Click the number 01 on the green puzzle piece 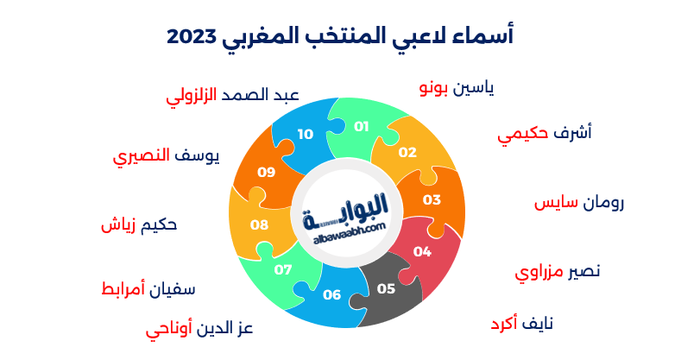point(362,126)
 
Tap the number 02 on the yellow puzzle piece point(407,152)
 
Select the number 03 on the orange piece point(432,199)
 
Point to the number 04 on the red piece point(422,252)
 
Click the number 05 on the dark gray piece point(386,288)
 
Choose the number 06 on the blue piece point(332,295)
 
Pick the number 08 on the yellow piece point(259,224)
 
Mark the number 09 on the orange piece point(266,172)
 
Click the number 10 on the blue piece point(306,134)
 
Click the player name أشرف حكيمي point(545,135)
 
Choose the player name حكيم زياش point(139,224)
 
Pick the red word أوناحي point(169,330)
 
